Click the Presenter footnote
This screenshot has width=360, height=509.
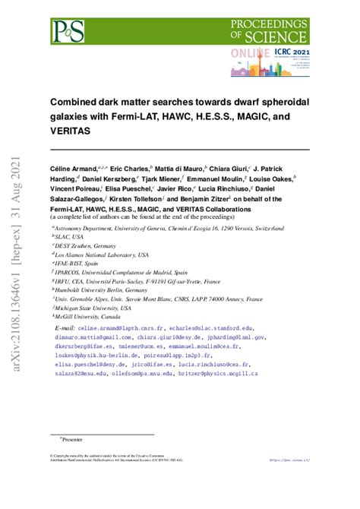(x=73, y=439)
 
